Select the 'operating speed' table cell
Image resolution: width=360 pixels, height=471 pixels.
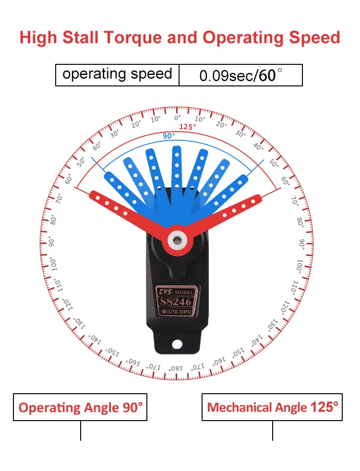(117, 74)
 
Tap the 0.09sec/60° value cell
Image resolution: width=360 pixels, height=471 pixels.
(241, 75)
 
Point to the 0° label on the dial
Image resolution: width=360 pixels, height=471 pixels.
(178, 118)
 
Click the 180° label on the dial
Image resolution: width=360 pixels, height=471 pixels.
(175, 368)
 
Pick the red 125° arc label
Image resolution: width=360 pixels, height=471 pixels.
(188, 127)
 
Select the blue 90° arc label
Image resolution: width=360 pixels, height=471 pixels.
(168, 136)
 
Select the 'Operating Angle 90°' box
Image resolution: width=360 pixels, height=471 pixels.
(80, 408)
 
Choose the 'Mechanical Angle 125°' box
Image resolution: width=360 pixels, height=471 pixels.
(272, 408)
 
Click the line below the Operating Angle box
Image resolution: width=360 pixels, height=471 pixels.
(80, 431)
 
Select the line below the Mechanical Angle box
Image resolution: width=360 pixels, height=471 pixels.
(273, 431)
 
